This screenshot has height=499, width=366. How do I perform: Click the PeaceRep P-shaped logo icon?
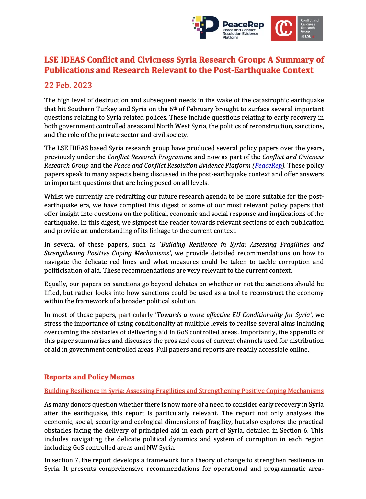pyautogui.click(x=206, y=27)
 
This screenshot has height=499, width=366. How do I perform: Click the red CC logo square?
pyautogui.click(x=283, y=28)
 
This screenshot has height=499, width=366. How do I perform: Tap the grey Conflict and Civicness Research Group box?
pyautogui.click(x=310, y=28)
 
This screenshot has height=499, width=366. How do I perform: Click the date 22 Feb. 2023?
pyautogui.click(x=68, y=85)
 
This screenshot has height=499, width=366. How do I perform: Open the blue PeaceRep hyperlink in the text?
pyautogui.click(x=268, y=166)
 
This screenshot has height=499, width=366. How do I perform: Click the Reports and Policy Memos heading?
pyautogui.click(x=89, y=377)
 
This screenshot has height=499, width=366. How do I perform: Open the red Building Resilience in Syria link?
pyautogui.click(x=184, y=391)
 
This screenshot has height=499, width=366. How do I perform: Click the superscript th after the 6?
pyautogui.click(x=175, y=108)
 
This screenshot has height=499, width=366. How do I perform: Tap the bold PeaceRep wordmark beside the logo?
pyautogui.click(x=243, y=25)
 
